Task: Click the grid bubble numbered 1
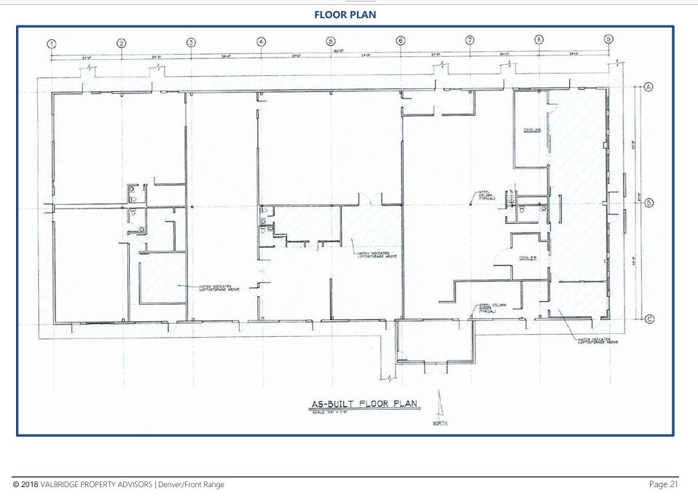pos(52,44)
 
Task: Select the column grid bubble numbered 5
pos(331,42)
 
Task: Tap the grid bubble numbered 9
pos(608,39)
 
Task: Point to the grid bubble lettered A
pos(648,87)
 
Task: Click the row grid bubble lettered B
pos(648,203)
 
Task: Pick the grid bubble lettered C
pos(648,319)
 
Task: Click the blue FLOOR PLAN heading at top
pos(345,15)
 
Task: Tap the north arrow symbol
pos(439,405)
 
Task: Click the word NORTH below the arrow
pos(440,423)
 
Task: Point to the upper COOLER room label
pos(532,131)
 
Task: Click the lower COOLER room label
pos(528,258)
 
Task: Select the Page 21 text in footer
pos(663,484)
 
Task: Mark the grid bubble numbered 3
pos(191,42)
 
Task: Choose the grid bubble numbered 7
pos(470,40)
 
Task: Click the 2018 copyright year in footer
pos(30,485)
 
